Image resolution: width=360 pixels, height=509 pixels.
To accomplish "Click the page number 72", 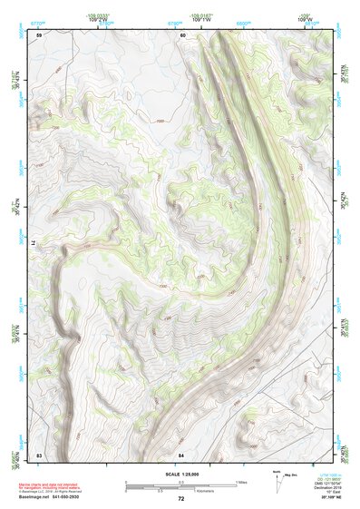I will click(x=181, y=499).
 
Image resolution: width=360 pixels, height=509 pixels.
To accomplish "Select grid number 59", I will click(x=38, y=34).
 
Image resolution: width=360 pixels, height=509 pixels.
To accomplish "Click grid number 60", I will click(x=182, y=34).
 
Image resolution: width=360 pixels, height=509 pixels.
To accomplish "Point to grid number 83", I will click(x=38, y=453).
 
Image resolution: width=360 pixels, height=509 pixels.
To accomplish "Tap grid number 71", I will click(x=33, y=243).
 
